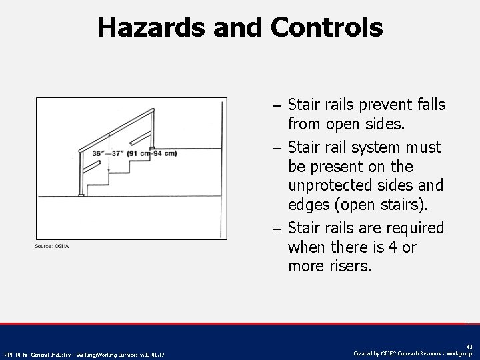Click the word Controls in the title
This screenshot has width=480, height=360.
pyautogui.click(x=327, y=27)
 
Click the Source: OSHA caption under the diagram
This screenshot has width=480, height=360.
pyautogui.click(x=52, y=247)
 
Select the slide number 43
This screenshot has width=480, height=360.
pyautogui.click(x=469, y=346)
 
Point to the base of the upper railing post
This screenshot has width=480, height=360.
pyautogui.click(x=153, y=147)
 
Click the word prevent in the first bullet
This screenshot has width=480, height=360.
pyautogui.click(x=382, y=105)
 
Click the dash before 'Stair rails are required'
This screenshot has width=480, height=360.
pyautogui.click(x=276, y=229)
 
